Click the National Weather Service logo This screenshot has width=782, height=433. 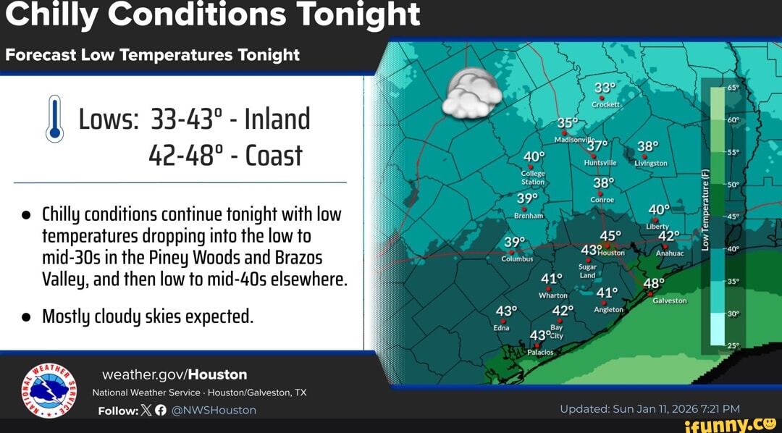49,390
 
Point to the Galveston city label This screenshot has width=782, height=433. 670,300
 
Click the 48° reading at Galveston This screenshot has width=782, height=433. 654,283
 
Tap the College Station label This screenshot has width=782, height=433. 533,178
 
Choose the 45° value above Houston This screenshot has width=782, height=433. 610,236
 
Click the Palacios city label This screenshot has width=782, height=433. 540,352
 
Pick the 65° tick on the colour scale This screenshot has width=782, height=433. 731,87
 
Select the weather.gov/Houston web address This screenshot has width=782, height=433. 175,374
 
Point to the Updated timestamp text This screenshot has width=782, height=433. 649,408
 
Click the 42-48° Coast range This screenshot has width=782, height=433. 225,155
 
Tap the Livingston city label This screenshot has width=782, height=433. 651,164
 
